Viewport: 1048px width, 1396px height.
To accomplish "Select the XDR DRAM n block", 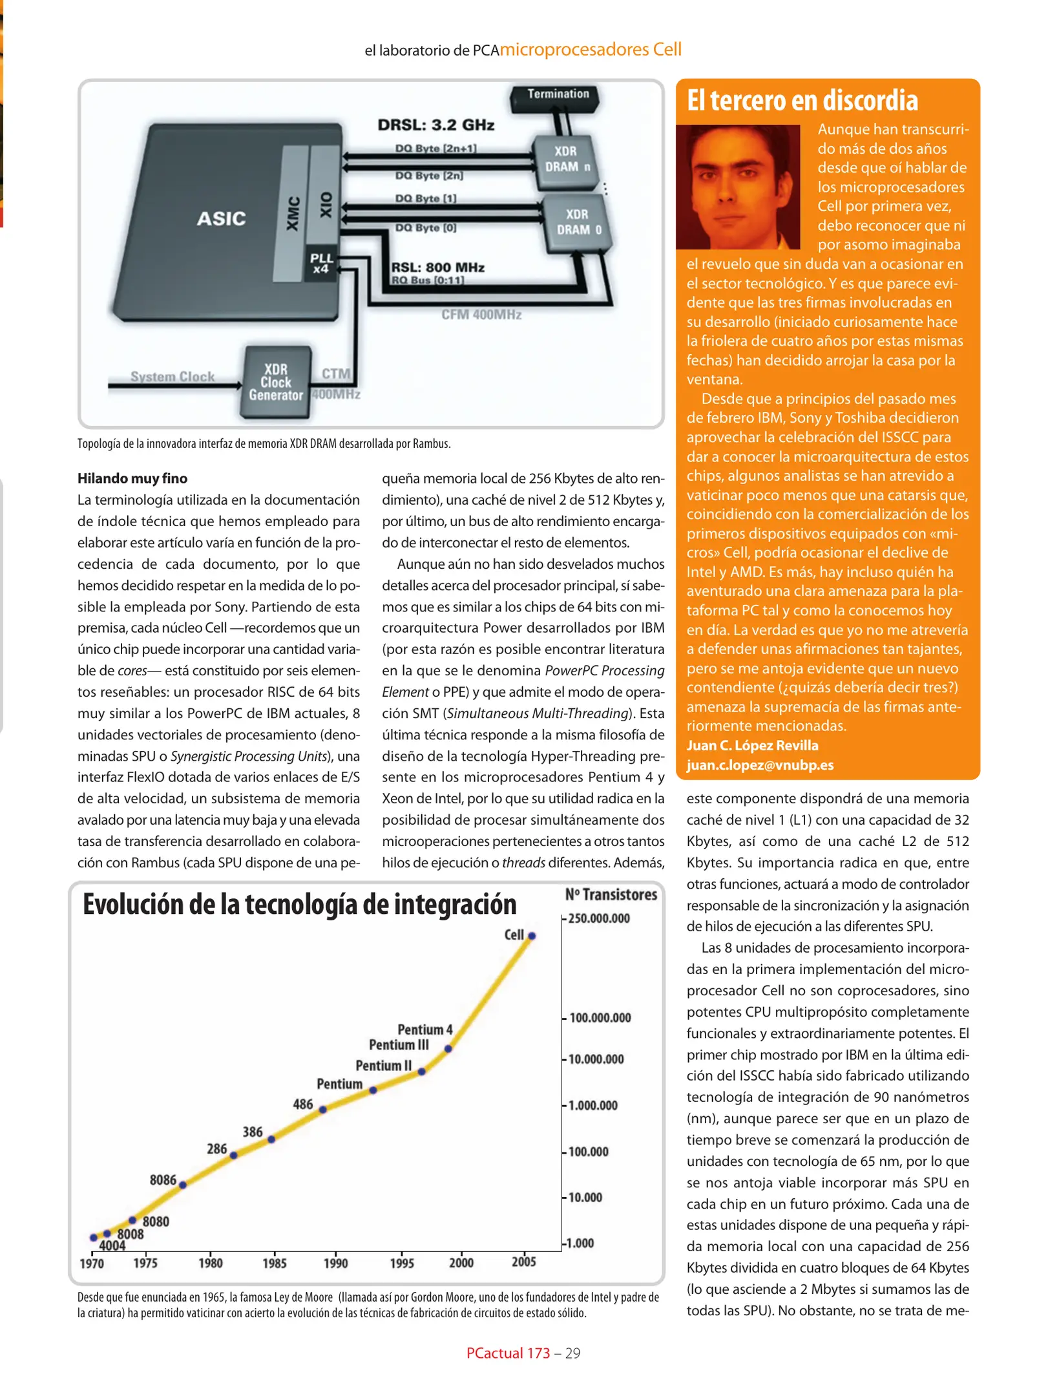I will tap(565, 159).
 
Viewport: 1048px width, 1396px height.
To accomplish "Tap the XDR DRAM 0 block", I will tap(578, 222).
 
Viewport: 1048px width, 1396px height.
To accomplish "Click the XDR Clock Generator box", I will tap(276, 383).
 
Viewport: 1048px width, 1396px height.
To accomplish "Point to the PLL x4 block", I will tap(321, 264).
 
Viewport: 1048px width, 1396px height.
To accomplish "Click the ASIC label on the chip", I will tap(221, 218).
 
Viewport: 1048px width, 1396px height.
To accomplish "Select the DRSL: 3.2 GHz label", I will tap(436, 125).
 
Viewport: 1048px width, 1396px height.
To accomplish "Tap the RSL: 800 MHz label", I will tap(437, 267).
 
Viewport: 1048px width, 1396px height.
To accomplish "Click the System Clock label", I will tap(173, 376).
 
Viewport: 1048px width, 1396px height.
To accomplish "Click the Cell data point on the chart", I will tap(532, 936).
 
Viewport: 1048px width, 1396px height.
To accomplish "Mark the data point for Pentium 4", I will tap(448, 1048).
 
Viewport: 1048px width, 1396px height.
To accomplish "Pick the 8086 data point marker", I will tap(183, 1185).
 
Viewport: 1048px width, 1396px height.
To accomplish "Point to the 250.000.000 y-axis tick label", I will tap(598, 918).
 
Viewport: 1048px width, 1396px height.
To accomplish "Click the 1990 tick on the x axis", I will tap(335, 1263).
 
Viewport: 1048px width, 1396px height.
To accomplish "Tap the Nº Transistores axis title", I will tap(611, 894).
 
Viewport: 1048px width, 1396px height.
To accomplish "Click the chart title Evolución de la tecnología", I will tap(299, 905).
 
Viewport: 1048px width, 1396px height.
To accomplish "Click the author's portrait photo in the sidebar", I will tap(738, 187).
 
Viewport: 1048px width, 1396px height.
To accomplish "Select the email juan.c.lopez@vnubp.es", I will tap(760, 765).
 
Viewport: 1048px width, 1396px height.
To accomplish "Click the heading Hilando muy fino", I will tap(132, 478).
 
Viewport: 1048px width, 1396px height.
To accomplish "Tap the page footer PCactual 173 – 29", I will tap(523, 1353).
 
